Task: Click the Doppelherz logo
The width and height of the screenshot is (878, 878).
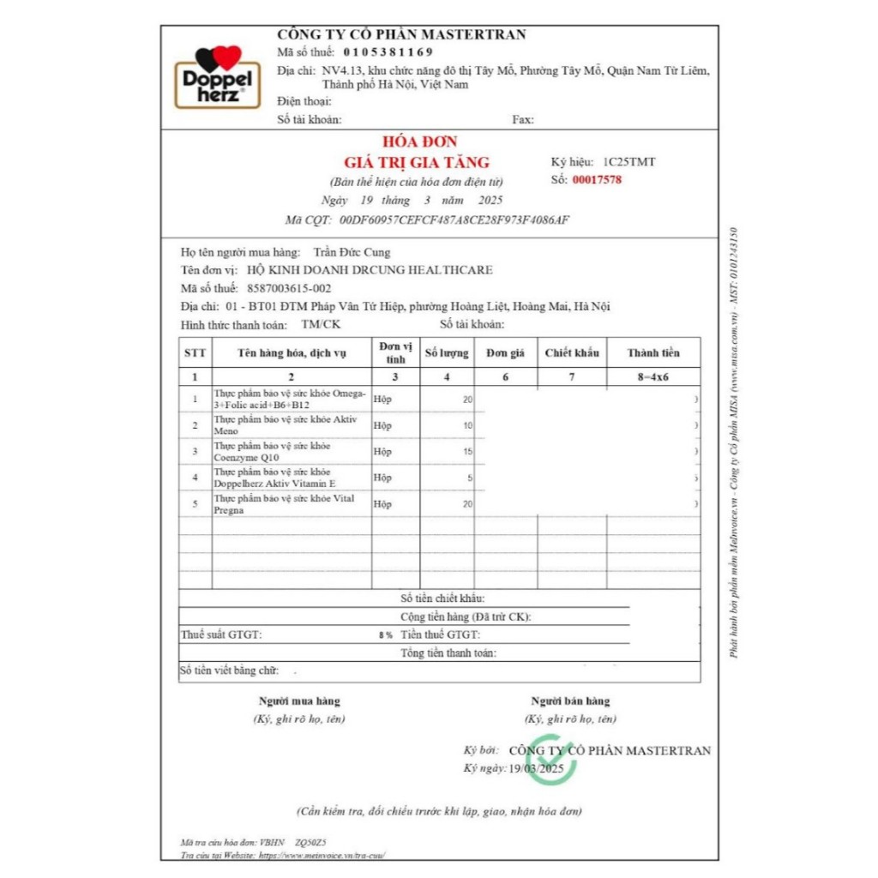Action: [x=218, y=78]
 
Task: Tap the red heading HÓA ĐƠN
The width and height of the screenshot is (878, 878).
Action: [x=420, y=142]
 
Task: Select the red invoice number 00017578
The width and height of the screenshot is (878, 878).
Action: [x=597, y=180]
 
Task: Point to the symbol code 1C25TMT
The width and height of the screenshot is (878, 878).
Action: [x=629, y=161]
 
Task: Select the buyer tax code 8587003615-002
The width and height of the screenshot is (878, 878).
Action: [x=283, y=288]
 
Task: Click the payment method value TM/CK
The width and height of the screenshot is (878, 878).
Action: [x=321, y=324]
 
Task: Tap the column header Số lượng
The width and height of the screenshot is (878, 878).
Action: [x=447, y=353]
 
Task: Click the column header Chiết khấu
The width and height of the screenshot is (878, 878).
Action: [x=572, y=353]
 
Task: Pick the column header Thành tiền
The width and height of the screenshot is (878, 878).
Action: [x=653, y=353]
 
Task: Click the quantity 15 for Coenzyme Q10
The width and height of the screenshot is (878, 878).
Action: [x=467, y=452]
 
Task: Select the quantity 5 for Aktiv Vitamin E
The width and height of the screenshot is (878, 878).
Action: [x=470, y=478]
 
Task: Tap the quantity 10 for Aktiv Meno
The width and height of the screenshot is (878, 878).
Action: [x=467, y=426]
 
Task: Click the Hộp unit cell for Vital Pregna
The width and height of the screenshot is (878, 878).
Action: [x=382, y=504]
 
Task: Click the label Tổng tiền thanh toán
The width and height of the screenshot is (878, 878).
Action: [x=448, y=653]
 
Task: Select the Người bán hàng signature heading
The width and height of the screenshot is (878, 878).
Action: [x=570, y=701]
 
